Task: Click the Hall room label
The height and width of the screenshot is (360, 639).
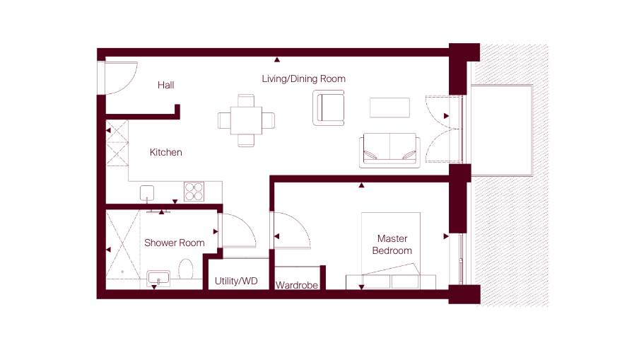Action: point(166,85)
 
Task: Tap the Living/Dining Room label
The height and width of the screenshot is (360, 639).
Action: point(304,79)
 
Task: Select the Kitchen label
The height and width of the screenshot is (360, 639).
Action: point(166,152)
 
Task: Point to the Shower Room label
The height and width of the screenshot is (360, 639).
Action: point(175,243)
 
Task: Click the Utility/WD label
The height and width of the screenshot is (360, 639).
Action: point(236,281)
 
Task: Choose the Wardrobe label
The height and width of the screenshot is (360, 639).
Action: point(297,285)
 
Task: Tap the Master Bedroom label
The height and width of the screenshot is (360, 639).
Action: point(392,244)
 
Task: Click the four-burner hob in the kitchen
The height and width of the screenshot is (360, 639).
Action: point(194,192)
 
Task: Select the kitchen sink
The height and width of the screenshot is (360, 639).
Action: point(147,193)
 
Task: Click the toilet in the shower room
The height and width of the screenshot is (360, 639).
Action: point(186,269)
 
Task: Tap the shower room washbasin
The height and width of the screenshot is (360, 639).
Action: point(158,279)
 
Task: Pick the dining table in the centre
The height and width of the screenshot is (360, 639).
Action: point(246,120)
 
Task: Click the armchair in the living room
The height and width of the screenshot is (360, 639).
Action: point(329,108)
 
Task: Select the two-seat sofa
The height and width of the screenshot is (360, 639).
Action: point(389,151)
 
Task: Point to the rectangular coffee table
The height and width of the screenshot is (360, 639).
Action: point(389,108)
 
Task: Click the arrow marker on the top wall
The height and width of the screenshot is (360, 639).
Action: point(277,59)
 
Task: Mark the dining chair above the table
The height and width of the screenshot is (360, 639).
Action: point(246,100)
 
